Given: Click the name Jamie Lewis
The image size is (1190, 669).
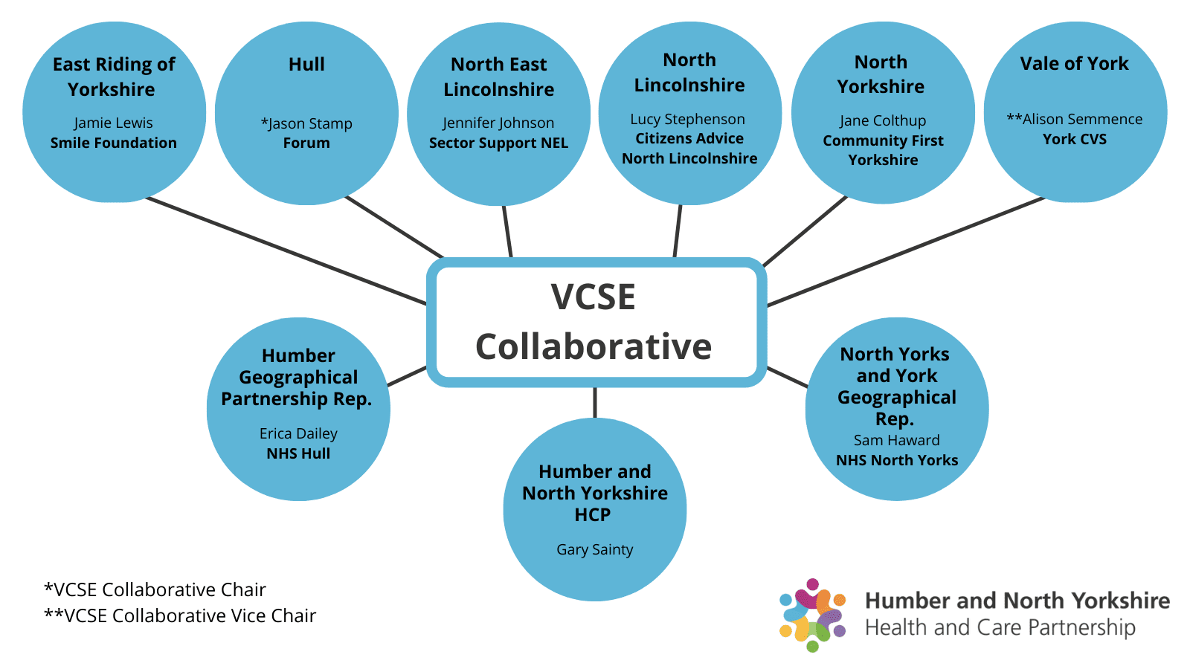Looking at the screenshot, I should point(113,123).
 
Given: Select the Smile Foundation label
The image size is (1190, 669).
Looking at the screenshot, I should point(113,143).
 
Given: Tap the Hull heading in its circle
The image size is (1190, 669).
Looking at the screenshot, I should point(306,65).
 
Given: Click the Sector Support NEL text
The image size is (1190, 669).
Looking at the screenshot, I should point(498,143).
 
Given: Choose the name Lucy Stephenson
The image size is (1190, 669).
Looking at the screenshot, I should point(687,119).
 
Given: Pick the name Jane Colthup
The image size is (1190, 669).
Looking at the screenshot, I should point(883,120).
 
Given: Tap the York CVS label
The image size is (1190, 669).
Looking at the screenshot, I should point(1074,139).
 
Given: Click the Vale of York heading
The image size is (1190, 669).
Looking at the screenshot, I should point(1074,64).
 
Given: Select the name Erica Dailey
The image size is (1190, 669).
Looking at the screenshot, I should point(298,433).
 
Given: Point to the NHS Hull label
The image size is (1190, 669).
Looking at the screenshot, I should point(298,453).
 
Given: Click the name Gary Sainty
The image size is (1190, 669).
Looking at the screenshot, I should point(594,549).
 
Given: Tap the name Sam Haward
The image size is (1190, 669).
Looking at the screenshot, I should point(896,440).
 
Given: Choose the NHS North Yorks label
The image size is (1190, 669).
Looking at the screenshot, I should point(896,460).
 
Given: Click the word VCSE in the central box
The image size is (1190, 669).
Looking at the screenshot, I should point(593,297).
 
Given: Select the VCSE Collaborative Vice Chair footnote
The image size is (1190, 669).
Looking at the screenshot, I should point(180,615).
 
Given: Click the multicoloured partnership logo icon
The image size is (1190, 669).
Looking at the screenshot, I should point(812,615).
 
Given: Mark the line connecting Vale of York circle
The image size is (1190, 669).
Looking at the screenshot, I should point(907,251).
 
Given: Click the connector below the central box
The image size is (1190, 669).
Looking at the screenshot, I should point(595,402).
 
